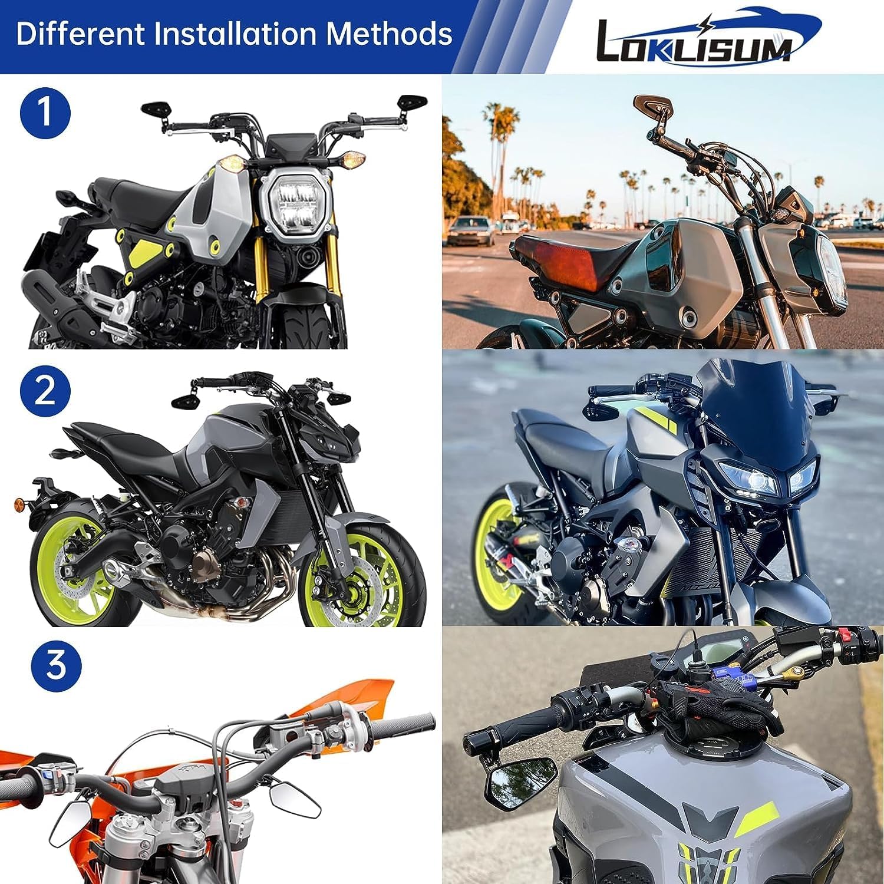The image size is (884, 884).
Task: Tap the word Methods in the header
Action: coord(389,34)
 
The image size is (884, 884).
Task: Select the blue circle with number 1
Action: coord(45,113)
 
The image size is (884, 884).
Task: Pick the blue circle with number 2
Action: coord(45,391)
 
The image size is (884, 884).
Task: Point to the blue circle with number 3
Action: coord(55,666)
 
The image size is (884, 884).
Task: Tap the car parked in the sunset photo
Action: coord(470,230)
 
